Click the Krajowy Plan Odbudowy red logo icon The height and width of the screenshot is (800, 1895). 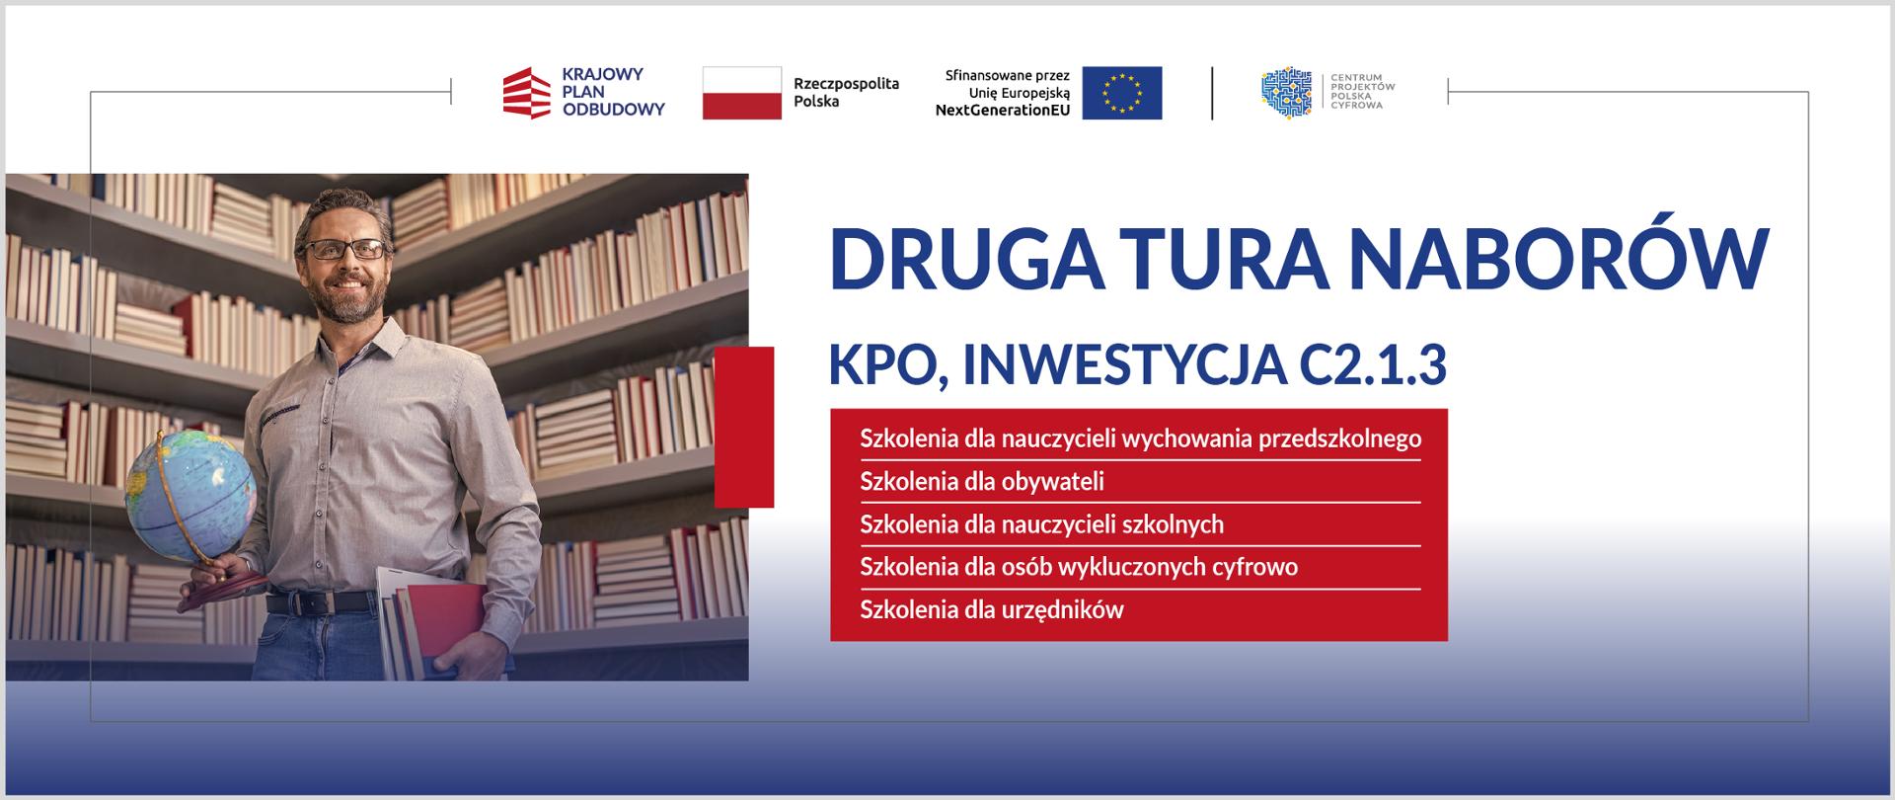[526, 93]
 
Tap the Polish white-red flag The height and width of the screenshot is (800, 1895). [741, 93]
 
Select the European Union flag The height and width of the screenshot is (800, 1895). [1121, 93]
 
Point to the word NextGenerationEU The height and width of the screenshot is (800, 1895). [1003, 111]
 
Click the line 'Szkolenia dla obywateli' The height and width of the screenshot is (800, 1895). [982, 481]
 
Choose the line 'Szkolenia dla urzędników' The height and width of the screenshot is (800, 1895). [992, 608]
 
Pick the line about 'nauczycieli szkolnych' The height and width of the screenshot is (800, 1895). [1042, 523]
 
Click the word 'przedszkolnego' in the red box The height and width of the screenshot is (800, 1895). [1340, 439]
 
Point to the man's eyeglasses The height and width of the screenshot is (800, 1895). [344, 249]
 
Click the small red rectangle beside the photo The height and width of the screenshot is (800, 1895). [744, 427]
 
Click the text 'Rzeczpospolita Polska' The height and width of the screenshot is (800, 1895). [847, 93]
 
